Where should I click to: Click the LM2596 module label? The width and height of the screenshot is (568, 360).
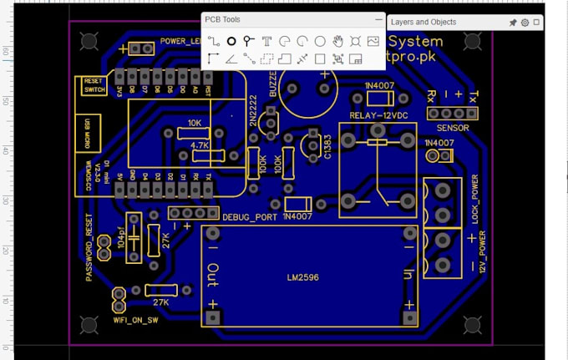coord(302,277)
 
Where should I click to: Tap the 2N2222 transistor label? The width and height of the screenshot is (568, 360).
coord(252,110)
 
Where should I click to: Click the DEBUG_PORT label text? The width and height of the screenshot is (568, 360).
coord(250,217)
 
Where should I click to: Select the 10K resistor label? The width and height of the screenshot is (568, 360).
coord(195,123)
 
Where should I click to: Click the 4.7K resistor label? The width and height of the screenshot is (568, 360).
coord(200,145)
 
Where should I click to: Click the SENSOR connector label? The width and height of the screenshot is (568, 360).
coord(453,129)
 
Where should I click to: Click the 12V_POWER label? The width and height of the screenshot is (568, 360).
coord(482,254)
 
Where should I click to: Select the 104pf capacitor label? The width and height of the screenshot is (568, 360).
coord(121,239)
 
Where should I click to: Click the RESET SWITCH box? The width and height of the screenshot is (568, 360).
coord(89,86)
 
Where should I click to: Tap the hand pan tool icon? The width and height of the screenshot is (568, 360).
coord(337,40)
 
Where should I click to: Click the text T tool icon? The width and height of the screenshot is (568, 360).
coord(266,40)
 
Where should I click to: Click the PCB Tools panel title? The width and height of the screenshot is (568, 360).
coord(222,19)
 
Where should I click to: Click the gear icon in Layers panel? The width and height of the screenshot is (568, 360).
coord(525,23)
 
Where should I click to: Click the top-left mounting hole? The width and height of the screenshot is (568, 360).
coord(88,40)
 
